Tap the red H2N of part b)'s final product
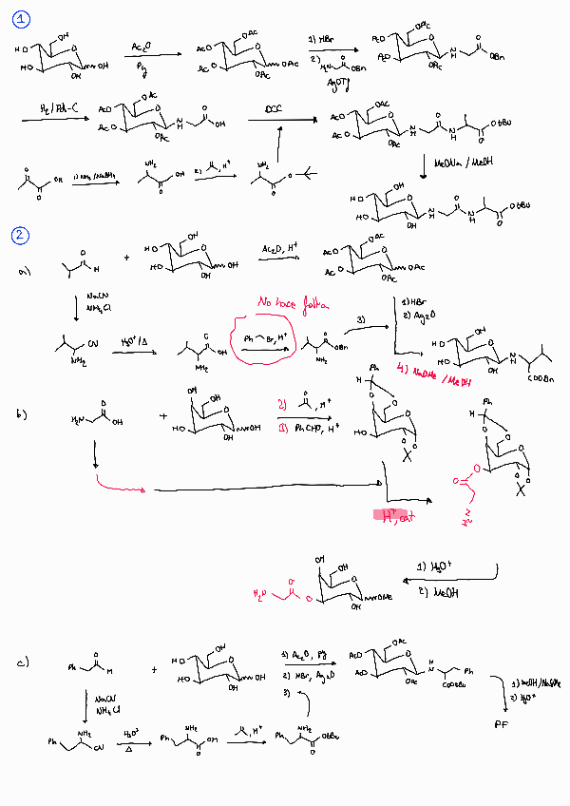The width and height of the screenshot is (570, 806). pos(259,593)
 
